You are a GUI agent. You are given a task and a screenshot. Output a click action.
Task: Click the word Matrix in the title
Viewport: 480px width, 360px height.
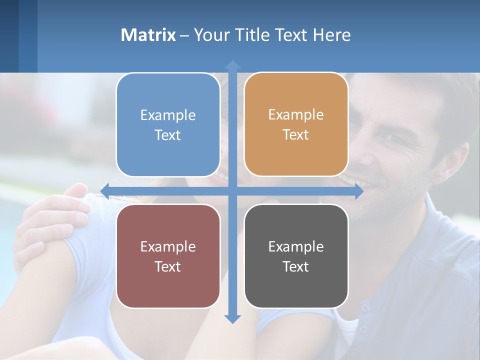[x=148, y=35]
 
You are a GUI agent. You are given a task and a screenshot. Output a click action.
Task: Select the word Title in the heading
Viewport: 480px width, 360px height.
[x=253, y=35]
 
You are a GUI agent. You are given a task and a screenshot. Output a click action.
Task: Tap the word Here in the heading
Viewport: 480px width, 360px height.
[x=331, y=35]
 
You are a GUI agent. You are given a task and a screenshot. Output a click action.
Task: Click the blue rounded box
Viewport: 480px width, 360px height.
[x=168, y=124]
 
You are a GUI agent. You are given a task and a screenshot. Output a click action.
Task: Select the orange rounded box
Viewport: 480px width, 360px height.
[x=296, y=124]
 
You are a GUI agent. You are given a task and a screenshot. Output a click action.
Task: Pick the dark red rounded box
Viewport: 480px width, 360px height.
[x=168, y=256]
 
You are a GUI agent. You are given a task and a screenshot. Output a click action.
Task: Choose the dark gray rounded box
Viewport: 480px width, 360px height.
[x=296, y=256]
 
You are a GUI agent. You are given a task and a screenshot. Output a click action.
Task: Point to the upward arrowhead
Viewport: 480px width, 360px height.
[x=232, y=65]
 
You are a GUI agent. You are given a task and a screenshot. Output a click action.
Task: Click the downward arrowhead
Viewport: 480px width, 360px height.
[x=232, y=318]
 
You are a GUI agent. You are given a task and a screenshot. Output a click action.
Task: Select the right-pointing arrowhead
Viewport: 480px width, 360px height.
[x=358, y=191]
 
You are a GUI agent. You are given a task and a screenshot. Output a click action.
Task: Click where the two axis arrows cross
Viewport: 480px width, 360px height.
[x=232, y=191]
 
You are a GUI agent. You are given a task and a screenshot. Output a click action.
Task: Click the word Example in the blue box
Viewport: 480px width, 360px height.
[x=168, y=115]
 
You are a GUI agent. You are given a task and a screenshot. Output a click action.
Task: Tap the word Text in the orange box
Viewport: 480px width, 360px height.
[x=296, y=135]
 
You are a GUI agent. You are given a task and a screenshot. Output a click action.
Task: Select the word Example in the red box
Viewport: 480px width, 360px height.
[x=168, y=246]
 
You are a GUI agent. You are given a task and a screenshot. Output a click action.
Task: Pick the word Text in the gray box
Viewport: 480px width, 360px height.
[x=296, y=266]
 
